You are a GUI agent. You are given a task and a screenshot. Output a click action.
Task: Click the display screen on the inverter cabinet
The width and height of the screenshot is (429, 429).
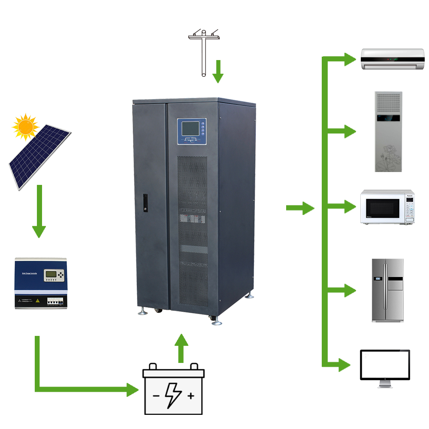(190, 130)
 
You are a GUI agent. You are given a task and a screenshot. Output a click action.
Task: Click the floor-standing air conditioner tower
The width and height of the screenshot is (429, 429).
(388, 132)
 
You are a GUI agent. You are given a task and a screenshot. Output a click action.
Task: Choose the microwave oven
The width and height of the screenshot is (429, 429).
(387, 207)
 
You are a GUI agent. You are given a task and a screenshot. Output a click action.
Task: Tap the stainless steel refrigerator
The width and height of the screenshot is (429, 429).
(388, 290)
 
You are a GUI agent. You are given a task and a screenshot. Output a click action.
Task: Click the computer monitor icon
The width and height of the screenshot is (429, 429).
(385, 366)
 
